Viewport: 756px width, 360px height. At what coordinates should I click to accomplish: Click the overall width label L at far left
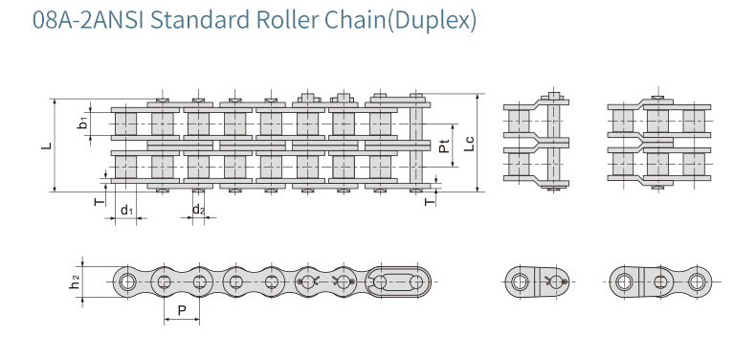(x=46, y=145)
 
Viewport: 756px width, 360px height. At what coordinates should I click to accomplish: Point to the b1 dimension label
(x=83, y=124)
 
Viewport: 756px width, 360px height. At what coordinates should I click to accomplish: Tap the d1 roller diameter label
(x=126, y=210)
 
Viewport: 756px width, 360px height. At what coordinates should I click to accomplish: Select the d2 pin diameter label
(x=198, y=210)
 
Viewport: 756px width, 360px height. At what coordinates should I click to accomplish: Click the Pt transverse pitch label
(x=445, y=146)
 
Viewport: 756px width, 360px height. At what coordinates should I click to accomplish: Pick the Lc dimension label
(x=469, y=144)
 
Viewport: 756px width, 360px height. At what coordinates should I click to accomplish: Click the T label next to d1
(x=100, y=201)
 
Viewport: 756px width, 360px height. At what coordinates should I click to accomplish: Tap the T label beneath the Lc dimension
(x=430, y=202)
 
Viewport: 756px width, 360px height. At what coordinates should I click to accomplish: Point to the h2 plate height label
(x=75, y=282)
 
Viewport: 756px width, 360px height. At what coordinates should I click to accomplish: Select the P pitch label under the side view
(x=182, y=310)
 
